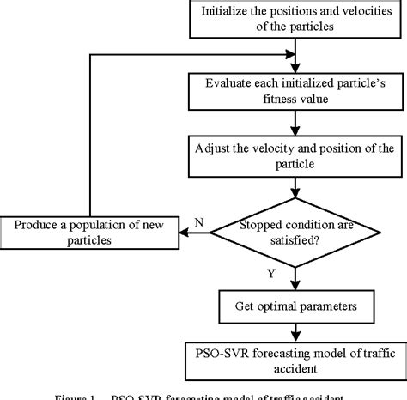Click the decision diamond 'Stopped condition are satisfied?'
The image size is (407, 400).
[295, 229]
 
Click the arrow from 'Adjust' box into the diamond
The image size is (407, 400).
[295, 185]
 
